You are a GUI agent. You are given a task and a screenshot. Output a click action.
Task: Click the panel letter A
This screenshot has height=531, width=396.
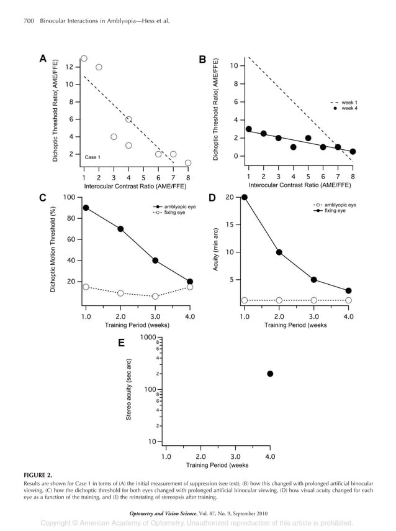(x=43, y=59)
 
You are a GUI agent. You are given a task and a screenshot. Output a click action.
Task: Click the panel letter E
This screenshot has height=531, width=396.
(x=122, y=343)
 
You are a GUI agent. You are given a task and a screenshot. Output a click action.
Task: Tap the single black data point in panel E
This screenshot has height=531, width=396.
(x=270, y=374)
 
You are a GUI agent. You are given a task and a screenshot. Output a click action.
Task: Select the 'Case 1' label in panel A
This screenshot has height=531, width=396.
(x=92, y=157)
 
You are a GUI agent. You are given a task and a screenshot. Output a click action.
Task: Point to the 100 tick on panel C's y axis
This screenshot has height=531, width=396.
(x=69, y=197)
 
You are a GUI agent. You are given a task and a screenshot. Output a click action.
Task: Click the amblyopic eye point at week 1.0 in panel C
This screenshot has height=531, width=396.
(x=85, y=208)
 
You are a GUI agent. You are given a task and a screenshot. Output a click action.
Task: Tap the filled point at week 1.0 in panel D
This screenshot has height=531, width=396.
(x=244, y=197)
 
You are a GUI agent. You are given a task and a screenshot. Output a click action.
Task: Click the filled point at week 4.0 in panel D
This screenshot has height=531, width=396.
(x=349, y=290)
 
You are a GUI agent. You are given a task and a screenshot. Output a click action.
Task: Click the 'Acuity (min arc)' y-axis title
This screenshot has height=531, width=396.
(x=215, y=249)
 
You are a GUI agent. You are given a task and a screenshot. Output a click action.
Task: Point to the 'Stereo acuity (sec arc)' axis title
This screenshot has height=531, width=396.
(x=128, y=389)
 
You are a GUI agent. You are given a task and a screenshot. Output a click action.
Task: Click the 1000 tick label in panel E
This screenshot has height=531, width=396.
(x=148, y=337)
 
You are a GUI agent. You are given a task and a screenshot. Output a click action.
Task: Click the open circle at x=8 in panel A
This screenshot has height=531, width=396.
(x=188, y=163)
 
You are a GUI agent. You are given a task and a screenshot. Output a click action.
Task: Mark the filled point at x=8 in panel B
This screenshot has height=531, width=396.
(x=353, y=152)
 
